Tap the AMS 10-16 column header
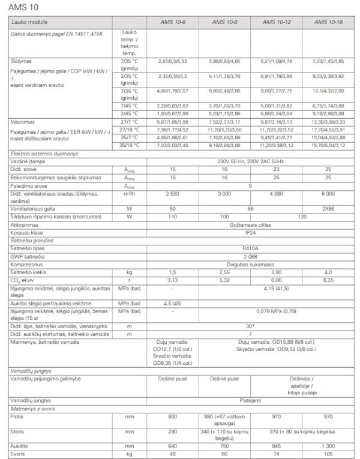[x=328, y=22]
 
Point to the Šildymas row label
[x=22, y=62]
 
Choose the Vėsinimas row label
[x=24, y=121]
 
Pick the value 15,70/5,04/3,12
[x=328, y=145]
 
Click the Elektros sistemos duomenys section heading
[x=42, y=154]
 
